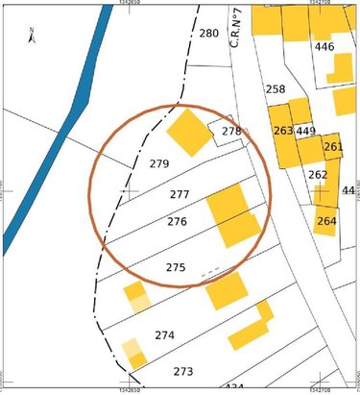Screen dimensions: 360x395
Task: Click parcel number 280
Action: point(208,34)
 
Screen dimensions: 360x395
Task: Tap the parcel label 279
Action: point(159,164)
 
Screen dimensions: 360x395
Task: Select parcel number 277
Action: point(180,194)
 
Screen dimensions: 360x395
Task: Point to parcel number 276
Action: point(176,222)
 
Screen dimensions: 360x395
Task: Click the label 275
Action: point(175,267)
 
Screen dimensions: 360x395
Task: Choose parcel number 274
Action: point(164,335)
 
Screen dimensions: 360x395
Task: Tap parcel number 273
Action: point(182,371)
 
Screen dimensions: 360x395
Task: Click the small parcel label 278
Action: point(231,132)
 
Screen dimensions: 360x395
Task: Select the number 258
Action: point(276,89)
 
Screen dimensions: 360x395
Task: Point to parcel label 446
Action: point(324,47)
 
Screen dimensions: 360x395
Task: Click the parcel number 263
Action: point(282,131)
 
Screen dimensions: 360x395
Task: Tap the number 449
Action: point(306,131)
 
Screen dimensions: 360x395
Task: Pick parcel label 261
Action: point(333,147)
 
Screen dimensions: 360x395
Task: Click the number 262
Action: point(318,175)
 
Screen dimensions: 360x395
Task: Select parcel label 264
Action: point(325,220)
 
